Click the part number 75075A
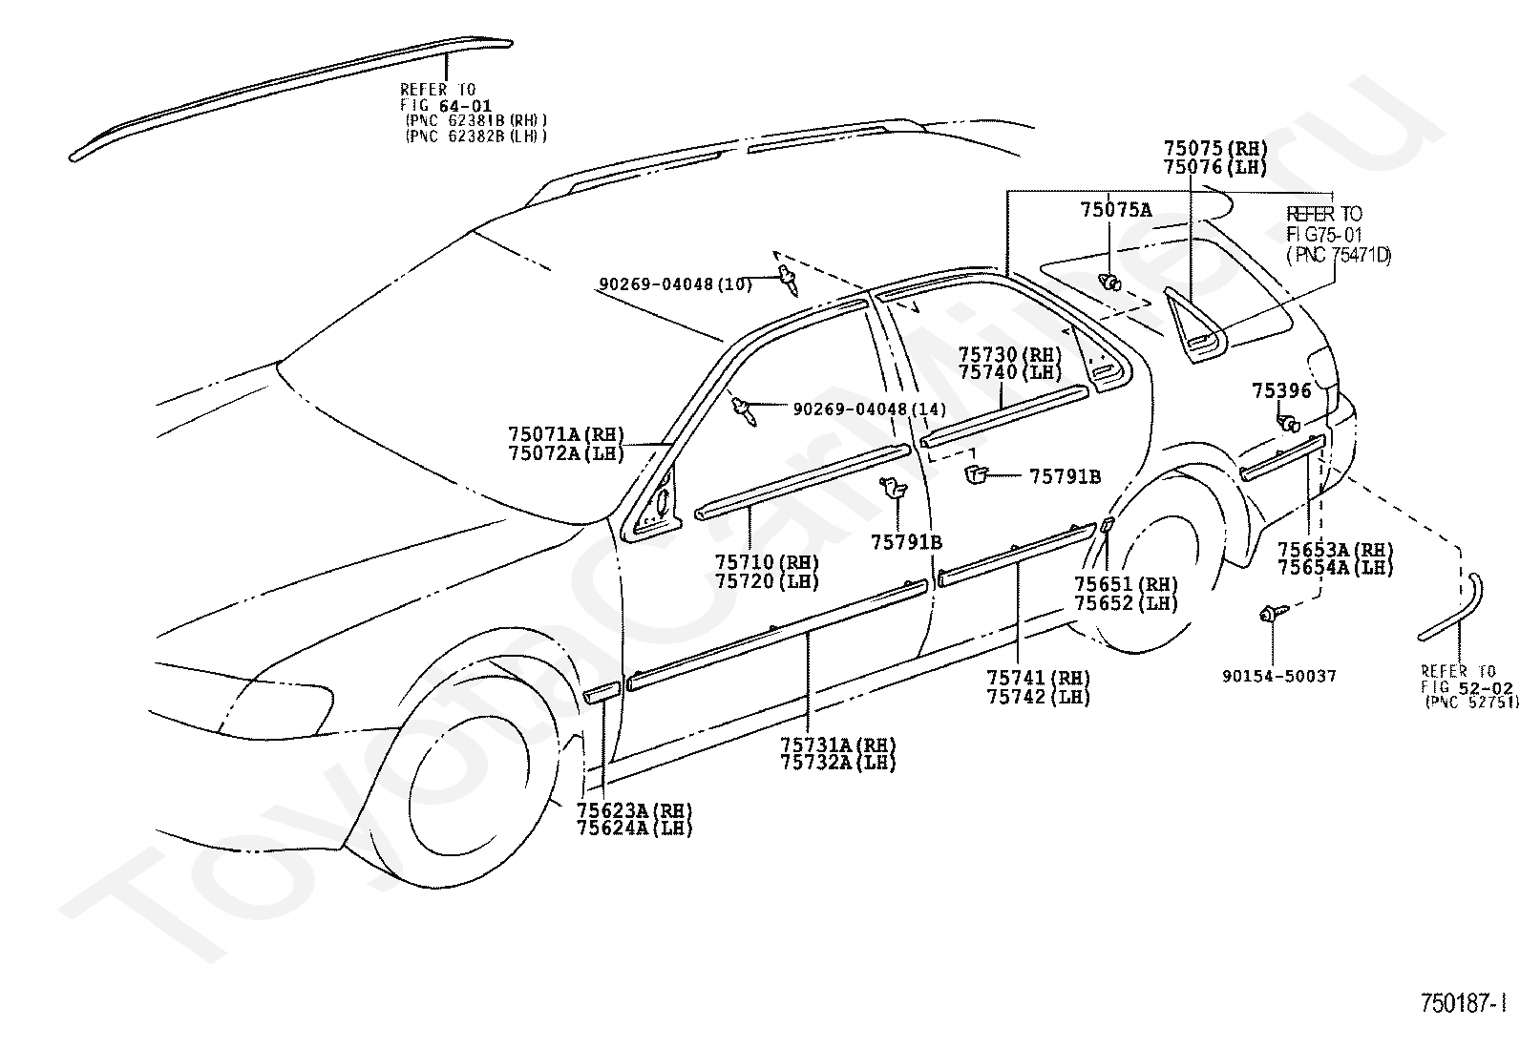click(1115, 210)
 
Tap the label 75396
click(1281, 390)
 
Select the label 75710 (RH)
click(766, 562)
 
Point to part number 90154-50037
click(1278, 676)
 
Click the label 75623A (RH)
click(634, 810)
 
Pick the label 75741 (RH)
click(1038, 678)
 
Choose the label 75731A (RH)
click(837, 745)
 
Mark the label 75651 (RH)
click(1126, 584)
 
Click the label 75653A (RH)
click(1335, 549)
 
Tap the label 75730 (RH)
click(1010, 354)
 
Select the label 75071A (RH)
click(566, 434)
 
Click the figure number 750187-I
click(1463, 1003)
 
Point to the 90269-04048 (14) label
click(869, 409)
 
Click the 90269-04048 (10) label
click(675, 284)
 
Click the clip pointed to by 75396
click(1287, 424)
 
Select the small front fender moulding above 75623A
click(602, 694)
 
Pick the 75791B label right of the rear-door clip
click(1065, 477)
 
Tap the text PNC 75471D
click(1338, 255)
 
